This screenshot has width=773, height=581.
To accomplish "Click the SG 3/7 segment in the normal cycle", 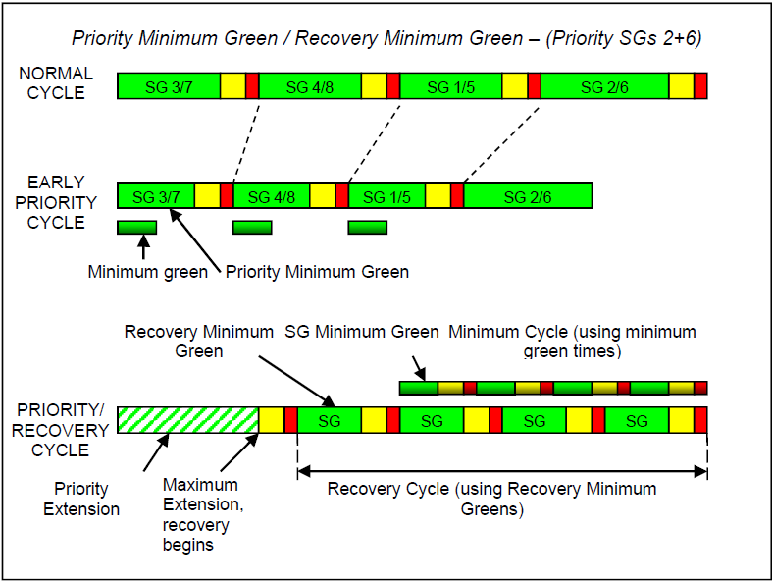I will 168,86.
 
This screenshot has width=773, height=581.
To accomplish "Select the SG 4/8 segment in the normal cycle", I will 310,86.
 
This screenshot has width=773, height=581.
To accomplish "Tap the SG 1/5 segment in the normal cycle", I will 451,86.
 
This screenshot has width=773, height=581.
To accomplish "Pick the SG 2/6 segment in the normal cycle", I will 604,86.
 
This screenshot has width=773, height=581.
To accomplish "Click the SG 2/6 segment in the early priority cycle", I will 528,195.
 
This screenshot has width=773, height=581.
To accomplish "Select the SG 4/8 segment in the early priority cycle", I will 272,195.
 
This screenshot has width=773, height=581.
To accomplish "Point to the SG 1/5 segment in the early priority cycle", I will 386,195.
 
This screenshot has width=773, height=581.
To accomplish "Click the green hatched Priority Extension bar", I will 187,420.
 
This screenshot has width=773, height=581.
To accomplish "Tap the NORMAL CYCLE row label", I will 56,83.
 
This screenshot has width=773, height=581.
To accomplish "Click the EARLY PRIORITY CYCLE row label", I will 56,202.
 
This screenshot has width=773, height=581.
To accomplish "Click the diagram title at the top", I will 386,39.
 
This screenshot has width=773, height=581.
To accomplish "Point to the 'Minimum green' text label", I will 147,272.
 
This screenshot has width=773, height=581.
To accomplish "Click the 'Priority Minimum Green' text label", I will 317,272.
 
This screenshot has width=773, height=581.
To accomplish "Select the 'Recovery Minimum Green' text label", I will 198,341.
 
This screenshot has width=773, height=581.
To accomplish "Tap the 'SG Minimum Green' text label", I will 362,332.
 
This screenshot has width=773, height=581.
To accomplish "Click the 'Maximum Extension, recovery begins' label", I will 202,514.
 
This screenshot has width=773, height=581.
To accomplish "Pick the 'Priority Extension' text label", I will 81,499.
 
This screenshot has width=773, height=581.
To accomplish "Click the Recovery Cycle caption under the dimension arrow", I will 491,499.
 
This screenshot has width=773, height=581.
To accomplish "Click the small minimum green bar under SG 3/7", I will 136,228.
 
